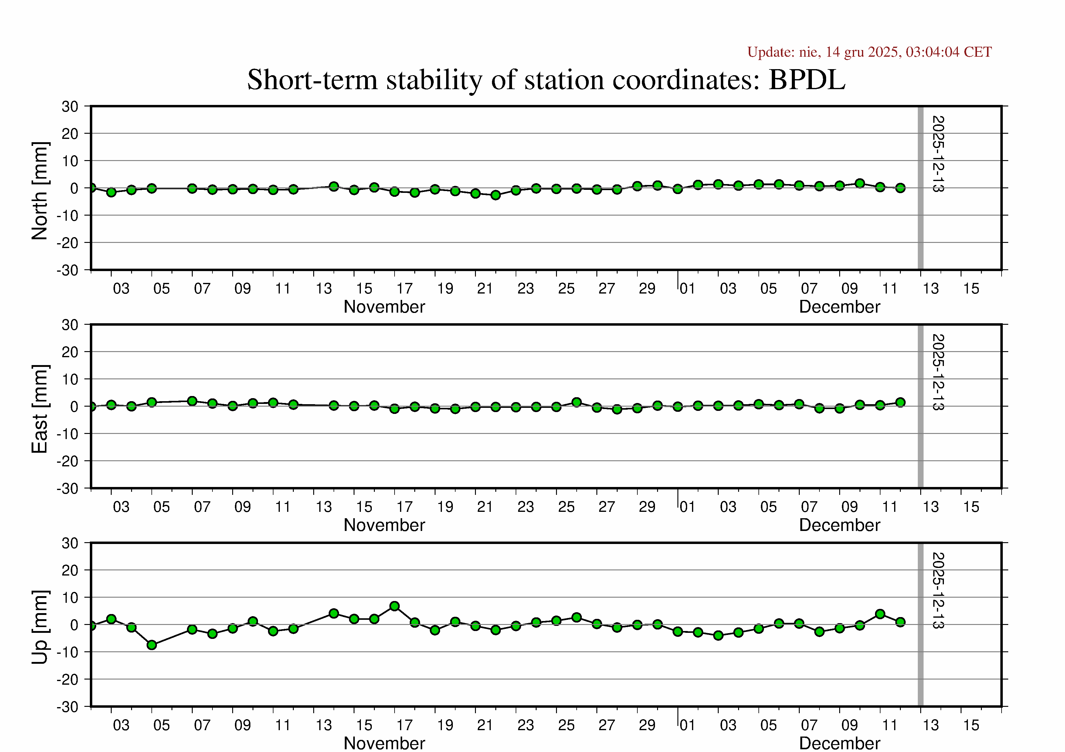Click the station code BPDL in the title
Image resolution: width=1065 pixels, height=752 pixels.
click(807, 80)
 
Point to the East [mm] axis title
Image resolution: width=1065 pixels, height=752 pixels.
click(40, 409)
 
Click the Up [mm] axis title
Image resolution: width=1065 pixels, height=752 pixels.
click(40, 627)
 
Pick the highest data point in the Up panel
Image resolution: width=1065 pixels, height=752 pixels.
click(395, 606)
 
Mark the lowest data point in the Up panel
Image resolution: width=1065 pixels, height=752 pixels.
click(152, 645)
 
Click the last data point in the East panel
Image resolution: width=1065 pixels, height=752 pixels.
click(900, 402)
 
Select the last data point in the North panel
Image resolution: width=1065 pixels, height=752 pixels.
click(900, 188)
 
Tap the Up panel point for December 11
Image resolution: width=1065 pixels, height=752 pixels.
click(880, 614)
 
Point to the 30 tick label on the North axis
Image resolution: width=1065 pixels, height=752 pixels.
click(70, 106)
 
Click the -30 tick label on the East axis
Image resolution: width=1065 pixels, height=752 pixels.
click(68, 488)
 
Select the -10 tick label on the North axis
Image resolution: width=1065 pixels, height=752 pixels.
click(68, 216)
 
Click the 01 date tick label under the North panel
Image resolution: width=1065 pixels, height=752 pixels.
click(687, 289)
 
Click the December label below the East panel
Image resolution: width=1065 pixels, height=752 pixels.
click(839, 525)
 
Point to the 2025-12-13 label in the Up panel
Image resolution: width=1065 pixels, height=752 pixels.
click(938, 590)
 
